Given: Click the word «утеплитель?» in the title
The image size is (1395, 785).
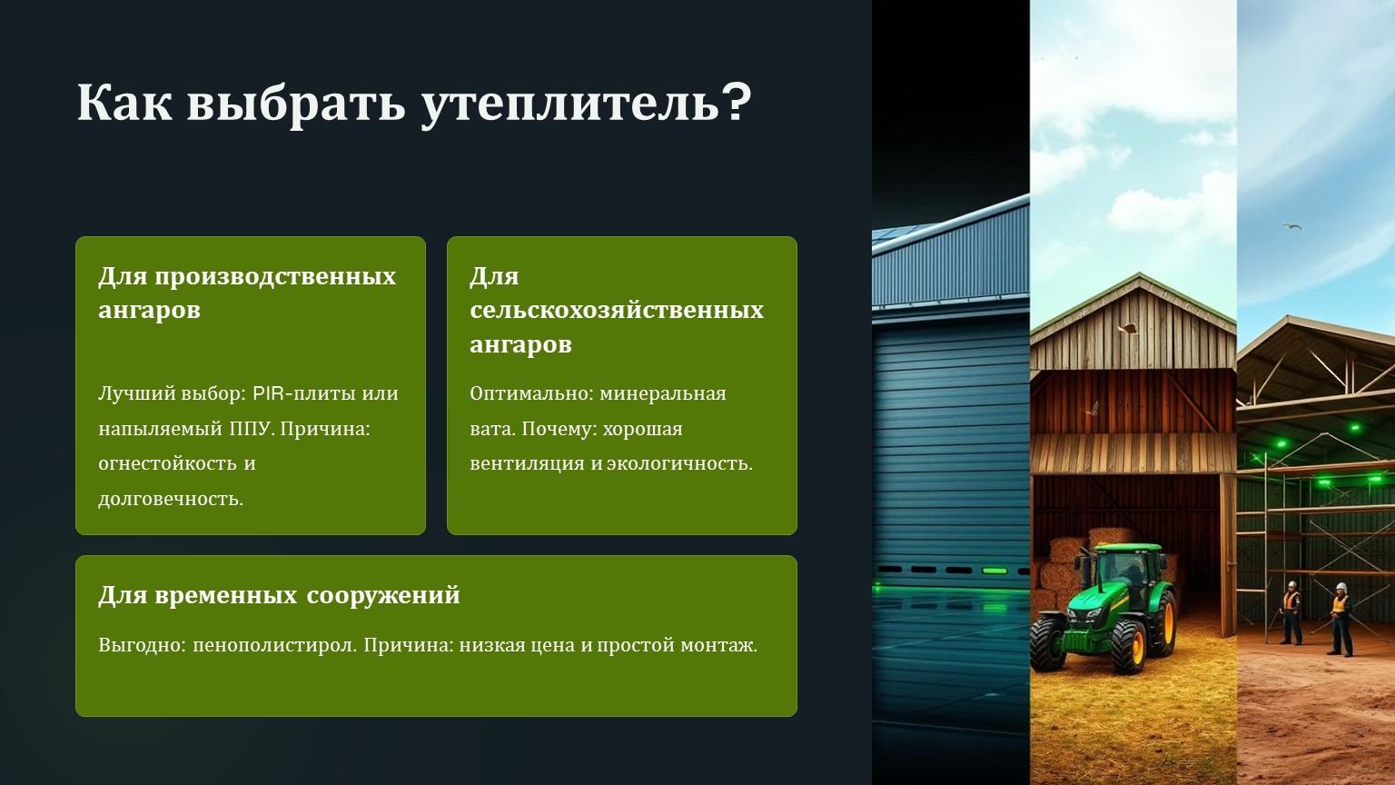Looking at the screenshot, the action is click(587, 104).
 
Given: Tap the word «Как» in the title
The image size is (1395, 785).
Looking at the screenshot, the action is click(124, 102).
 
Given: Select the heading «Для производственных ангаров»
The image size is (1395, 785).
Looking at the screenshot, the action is click(247, 293).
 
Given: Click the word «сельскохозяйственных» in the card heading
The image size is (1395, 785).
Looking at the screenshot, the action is click(617, 310).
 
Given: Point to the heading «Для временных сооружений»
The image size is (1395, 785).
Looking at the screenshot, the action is click(279, 596).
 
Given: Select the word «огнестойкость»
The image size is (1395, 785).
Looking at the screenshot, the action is click(167, 464).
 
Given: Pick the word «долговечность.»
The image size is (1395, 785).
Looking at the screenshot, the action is click(171, 499).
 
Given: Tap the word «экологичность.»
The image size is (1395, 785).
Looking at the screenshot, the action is click(680, 464).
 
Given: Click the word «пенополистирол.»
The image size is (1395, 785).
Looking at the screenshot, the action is click(275, 645).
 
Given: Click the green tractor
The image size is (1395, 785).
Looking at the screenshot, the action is click(1103, 608).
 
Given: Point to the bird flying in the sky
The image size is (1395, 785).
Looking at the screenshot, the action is click(1291, 227).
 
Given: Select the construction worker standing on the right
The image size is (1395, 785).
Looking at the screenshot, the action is click(1340, 619).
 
